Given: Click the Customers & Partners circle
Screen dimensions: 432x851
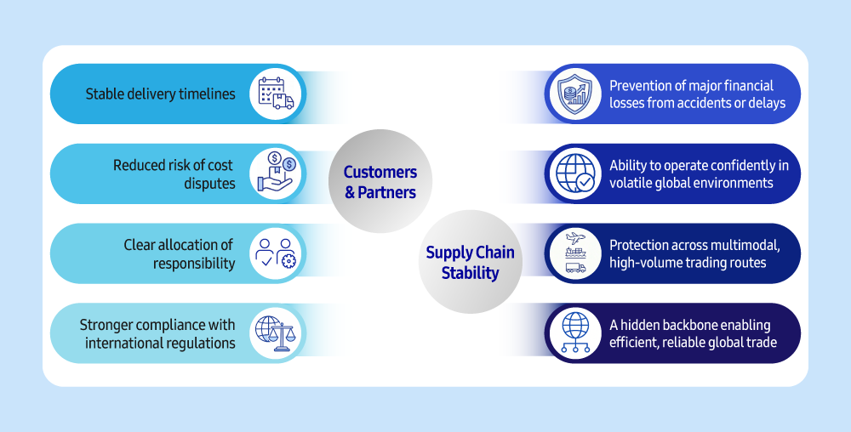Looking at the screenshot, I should pos(380,182).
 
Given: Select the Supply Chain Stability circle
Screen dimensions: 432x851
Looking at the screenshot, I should pos(470,262).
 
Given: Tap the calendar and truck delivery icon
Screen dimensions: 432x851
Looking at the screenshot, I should pos(276,94).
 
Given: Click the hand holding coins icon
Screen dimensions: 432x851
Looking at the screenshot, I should pos(276,173).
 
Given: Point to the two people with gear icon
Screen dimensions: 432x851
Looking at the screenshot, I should pos(276,253).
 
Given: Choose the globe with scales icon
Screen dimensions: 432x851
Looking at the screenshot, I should pos(276,333).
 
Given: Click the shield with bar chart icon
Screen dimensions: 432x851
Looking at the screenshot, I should pos(574,94).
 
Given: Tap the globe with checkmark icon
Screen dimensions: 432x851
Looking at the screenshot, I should pos(574,173).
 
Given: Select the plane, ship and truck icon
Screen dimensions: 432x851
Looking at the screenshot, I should pos(574,253).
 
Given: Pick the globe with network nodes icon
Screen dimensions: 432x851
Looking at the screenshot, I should pos(574,333).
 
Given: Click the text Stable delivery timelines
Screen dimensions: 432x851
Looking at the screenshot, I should pos(160,94).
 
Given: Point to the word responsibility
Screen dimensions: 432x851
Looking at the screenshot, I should pos(194,263).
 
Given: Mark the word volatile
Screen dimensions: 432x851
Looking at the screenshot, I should pos(631,183).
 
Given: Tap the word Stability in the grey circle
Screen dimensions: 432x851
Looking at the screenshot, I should pos(470,273).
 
